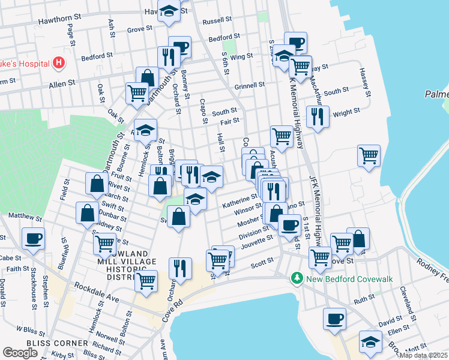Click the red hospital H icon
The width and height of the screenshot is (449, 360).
(x=59, y=62)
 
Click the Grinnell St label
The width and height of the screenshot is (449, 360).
(x=249, y=85)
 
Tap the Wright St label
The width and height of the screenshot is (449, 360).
(x=346, y=111)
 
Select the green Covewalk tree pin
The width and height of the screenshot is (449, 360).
(x=296, y=278)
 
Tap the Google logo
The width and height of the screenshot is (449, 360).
(x=20, y=353)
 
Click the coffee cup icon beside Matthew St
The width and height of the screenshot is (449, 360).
(x=33, y=238)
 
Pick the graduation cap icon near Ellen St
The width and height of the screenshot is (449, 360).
(x=370, y=341)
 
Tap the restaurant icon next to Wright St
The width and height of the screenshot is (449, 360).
(x=318, y=116)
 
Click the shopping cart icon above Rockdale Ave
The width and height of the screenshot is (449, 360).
(x=146, y=280)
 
